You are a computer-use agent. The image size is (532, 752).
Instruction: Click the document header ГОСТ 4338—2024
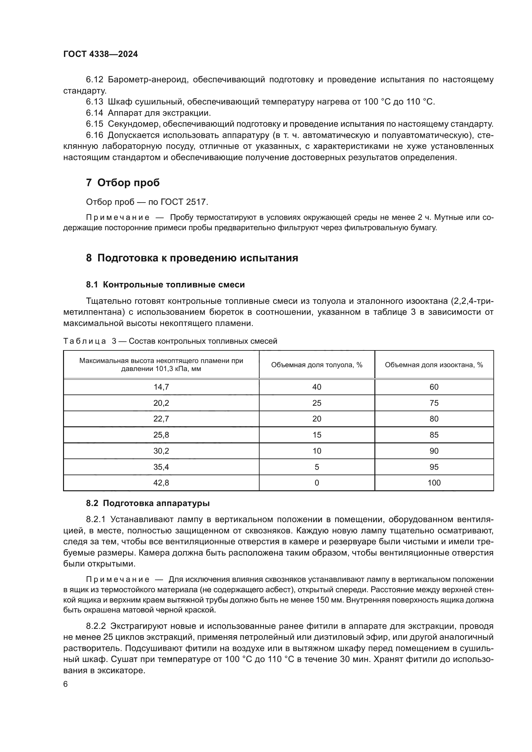click(x=101, y=54)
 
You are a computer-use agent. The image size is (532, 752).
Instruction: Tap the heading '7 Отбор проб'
click(x=123, y=182)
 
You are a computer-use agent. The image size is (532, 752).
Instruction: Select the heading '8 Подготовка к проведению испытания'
click(x=192, y=258)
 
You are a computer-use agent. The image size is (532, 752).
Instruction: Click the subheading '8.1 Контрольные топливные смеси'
click(x=165, y=285)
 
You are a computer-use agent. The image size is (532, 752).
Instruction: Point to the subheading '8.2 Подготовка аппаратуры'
click(x=148, y=503)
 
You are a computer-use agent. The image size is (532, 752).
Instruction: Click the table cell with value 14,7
click(x=161, y=387)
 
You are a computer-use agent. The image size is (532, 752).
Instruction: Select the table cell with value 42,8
click(x=161, y=483)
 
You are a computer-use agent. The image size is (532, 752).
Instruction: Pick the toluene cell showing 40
click(x=316, y=387)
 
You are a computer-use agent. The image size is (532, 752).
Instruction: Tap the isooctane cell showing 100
click(x=434, y=483)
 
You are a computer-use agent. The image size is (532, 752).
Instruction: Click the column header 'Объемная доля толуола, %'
click(x=316, y=365)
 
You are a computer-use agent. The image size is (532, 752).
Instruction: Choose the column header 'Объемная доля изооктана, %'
click(x=434, y=365)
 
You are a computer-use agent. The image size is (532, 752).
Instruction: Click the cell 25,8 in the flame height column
click(x=161, y=435)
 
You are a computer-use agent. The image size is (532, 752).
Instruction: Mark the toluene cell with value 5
click(x=316, y=467)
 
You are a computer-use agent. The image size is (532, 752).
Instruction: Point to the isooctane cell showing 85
click(x=434, y=435)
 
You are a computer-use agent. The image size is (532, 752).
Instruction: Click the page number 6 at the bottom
click(x=66, y=684)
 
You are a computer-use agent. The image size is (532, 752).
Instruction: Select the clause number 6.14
click(x=94, y=113)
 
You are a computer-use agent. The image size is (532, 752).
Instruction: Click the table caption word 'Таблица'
click(x=85, y=341)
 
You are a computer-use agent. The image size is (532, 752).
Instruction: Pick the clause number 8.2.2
click(x=96, y=626)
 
